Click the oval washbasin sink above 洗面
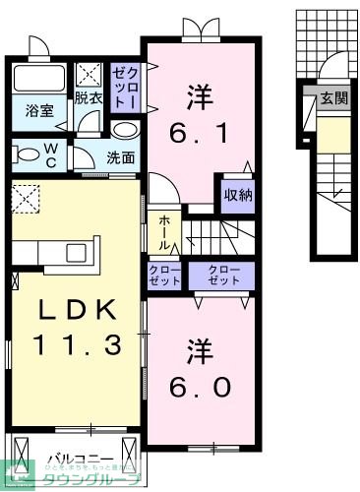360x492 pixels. point(124,130)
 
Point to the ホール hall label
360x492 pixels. point(163,230)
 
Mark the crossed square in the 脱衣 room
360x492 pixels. point(90,74)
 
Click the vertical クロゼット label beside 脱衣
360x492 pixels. point(127,87)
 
